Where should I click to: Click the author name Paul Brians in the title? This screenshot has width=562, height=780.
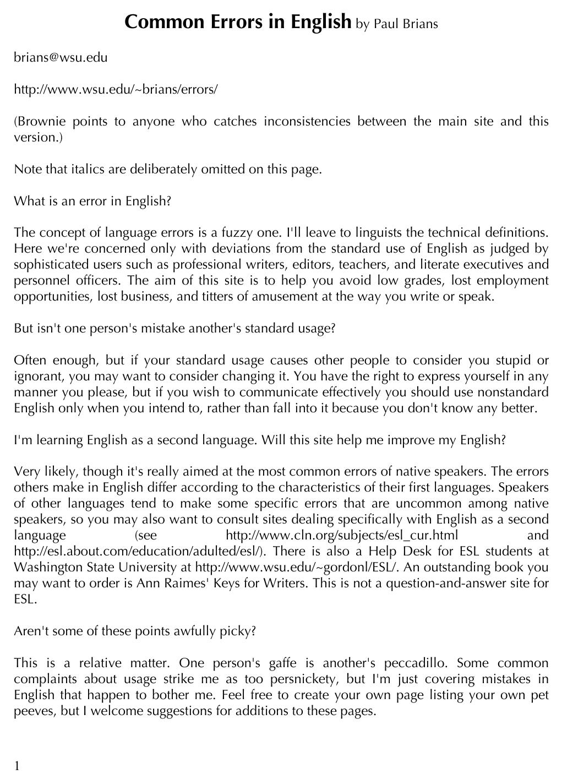pyautogui.click(x=405, y=24)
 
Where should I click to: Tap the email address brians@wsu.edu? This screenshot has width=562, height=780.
pyautogui.click(x=61, y=57)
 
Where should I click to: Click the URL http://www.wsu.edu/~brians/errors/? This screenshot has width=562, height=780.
pyautogui.click(x=116, y=89)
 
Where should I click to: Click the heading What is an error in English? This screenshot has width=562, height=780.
pyautogui.click(x=92, y=201)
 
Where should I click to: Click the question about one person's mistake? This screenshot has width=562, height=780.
pyautogui.click(x=174, y=329)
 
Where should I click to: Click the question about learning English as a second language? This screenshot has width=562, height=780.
pyautogui.click(x=259, y=440)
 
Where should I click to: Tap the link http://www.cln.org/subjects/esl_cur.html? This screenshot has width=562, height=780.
pyautogui.click(x=342, y=536)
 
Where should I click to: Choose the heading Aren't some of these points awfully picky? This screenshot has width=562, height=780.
pyautogui.click(x=135, y=631)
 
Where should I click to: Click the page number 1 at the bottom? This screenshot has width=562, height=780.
pyautogui.click(x=17, y=766)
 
